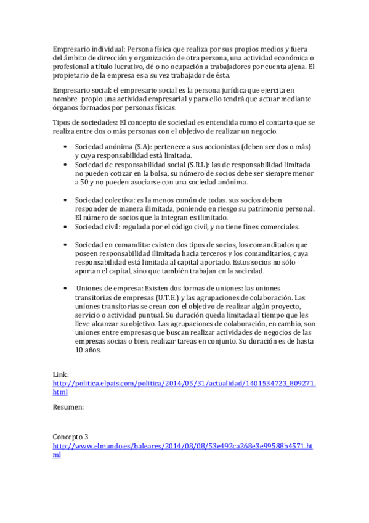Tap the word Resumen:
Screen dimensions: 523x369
(x=68, y=407)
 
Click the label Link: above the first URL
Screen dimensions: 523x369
(x=61, y=374)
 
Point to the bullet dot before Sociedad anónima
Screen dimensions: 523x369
(x=66, y=148)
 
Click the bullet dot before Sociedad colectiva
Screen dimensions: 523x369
(x=66, y=200)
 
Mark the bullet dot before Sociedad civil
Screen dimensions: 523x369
(x=66, y=226)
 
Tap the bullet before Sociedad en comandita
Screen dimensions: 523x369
(x=66, y=244)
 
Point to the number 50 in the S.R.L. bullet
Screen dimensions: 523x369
(x=84, y=183)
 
